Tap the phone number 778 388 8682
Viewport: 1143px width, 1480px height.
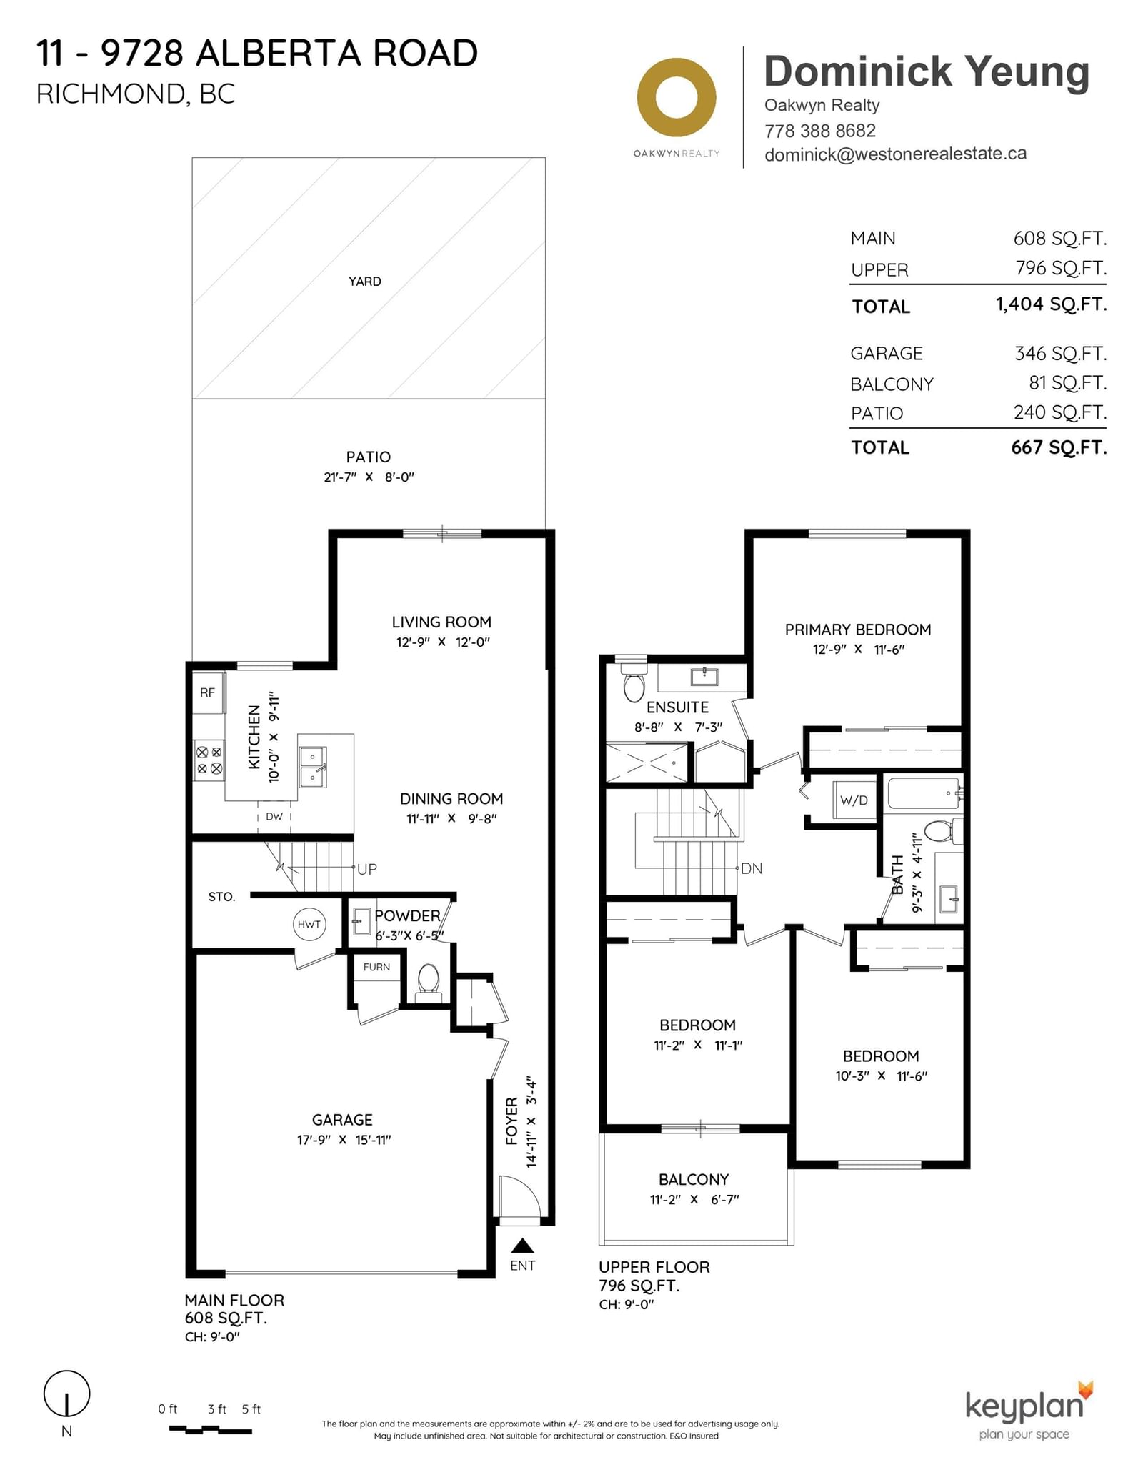819,131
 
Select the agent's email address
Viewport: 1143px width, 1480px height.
895,154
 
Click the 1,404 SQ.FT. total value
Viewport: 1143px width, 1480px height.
1051,304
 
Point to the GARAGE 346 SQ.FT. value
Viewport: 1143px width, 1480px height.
1060,354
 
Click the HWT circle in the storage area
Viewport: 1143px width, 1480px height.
309,924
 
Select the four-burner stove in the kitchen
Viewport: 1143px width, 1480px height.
209,760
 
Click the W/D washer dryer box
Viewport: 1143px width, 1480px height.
854,800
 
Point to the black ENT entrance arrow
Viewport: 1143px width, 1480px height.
523,1246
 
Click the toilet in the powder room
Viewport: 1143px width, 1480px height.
428,978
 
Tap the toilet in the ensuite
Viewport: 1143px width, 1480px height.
634,682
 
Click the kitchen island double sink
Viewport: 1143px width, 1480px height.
313,767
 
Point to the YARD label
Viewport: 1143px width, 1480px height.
365,282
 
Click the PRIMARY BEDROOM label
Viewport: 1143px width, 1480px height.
858,630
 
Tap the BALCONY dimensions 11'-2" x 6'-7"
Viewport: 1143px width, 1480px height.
694,1200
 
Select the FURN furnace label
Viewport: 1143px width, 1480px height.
376,967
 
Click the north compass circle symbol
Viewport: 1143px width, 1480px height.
67,1394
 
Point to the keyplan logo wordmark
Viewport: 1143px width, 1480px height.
1024,1406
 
